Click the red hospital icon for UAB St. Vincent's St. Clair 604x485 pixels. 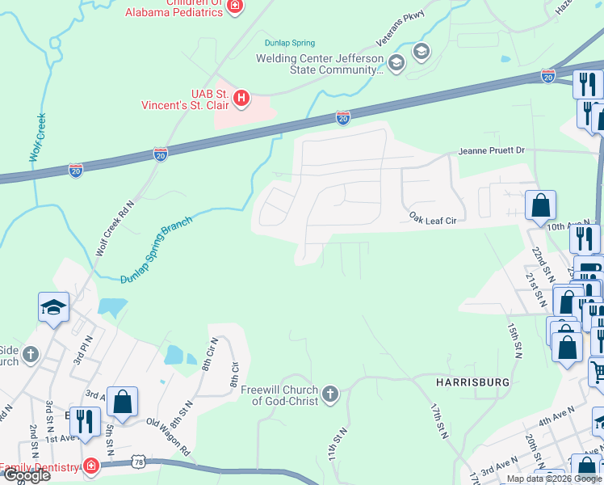pyautogui.click(x=241, y=99)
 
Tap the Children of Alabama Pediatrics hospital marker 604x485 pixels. pyautogui.click(x=235, y=6)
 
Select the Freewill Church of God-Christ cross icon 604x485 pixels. pyautogui.click(x=329, y=394)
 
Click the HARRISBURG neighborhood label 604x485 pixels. pyautogui.click(x=473, y=381)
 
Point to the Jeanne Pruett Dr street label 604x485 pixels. pyautogui.click(x=491, y=150)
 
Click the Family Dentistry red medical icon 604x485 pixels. pyautogui.click(x=91, y=467)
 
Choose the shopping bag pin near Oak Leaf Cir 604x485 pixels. pyautogui.click(x=540, y=206)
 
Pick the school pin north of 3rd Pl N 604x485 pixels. pyautogui.click(x=53, y=307)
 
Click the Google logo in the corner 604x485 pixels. pyautogui.click(x=26, y=475)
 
